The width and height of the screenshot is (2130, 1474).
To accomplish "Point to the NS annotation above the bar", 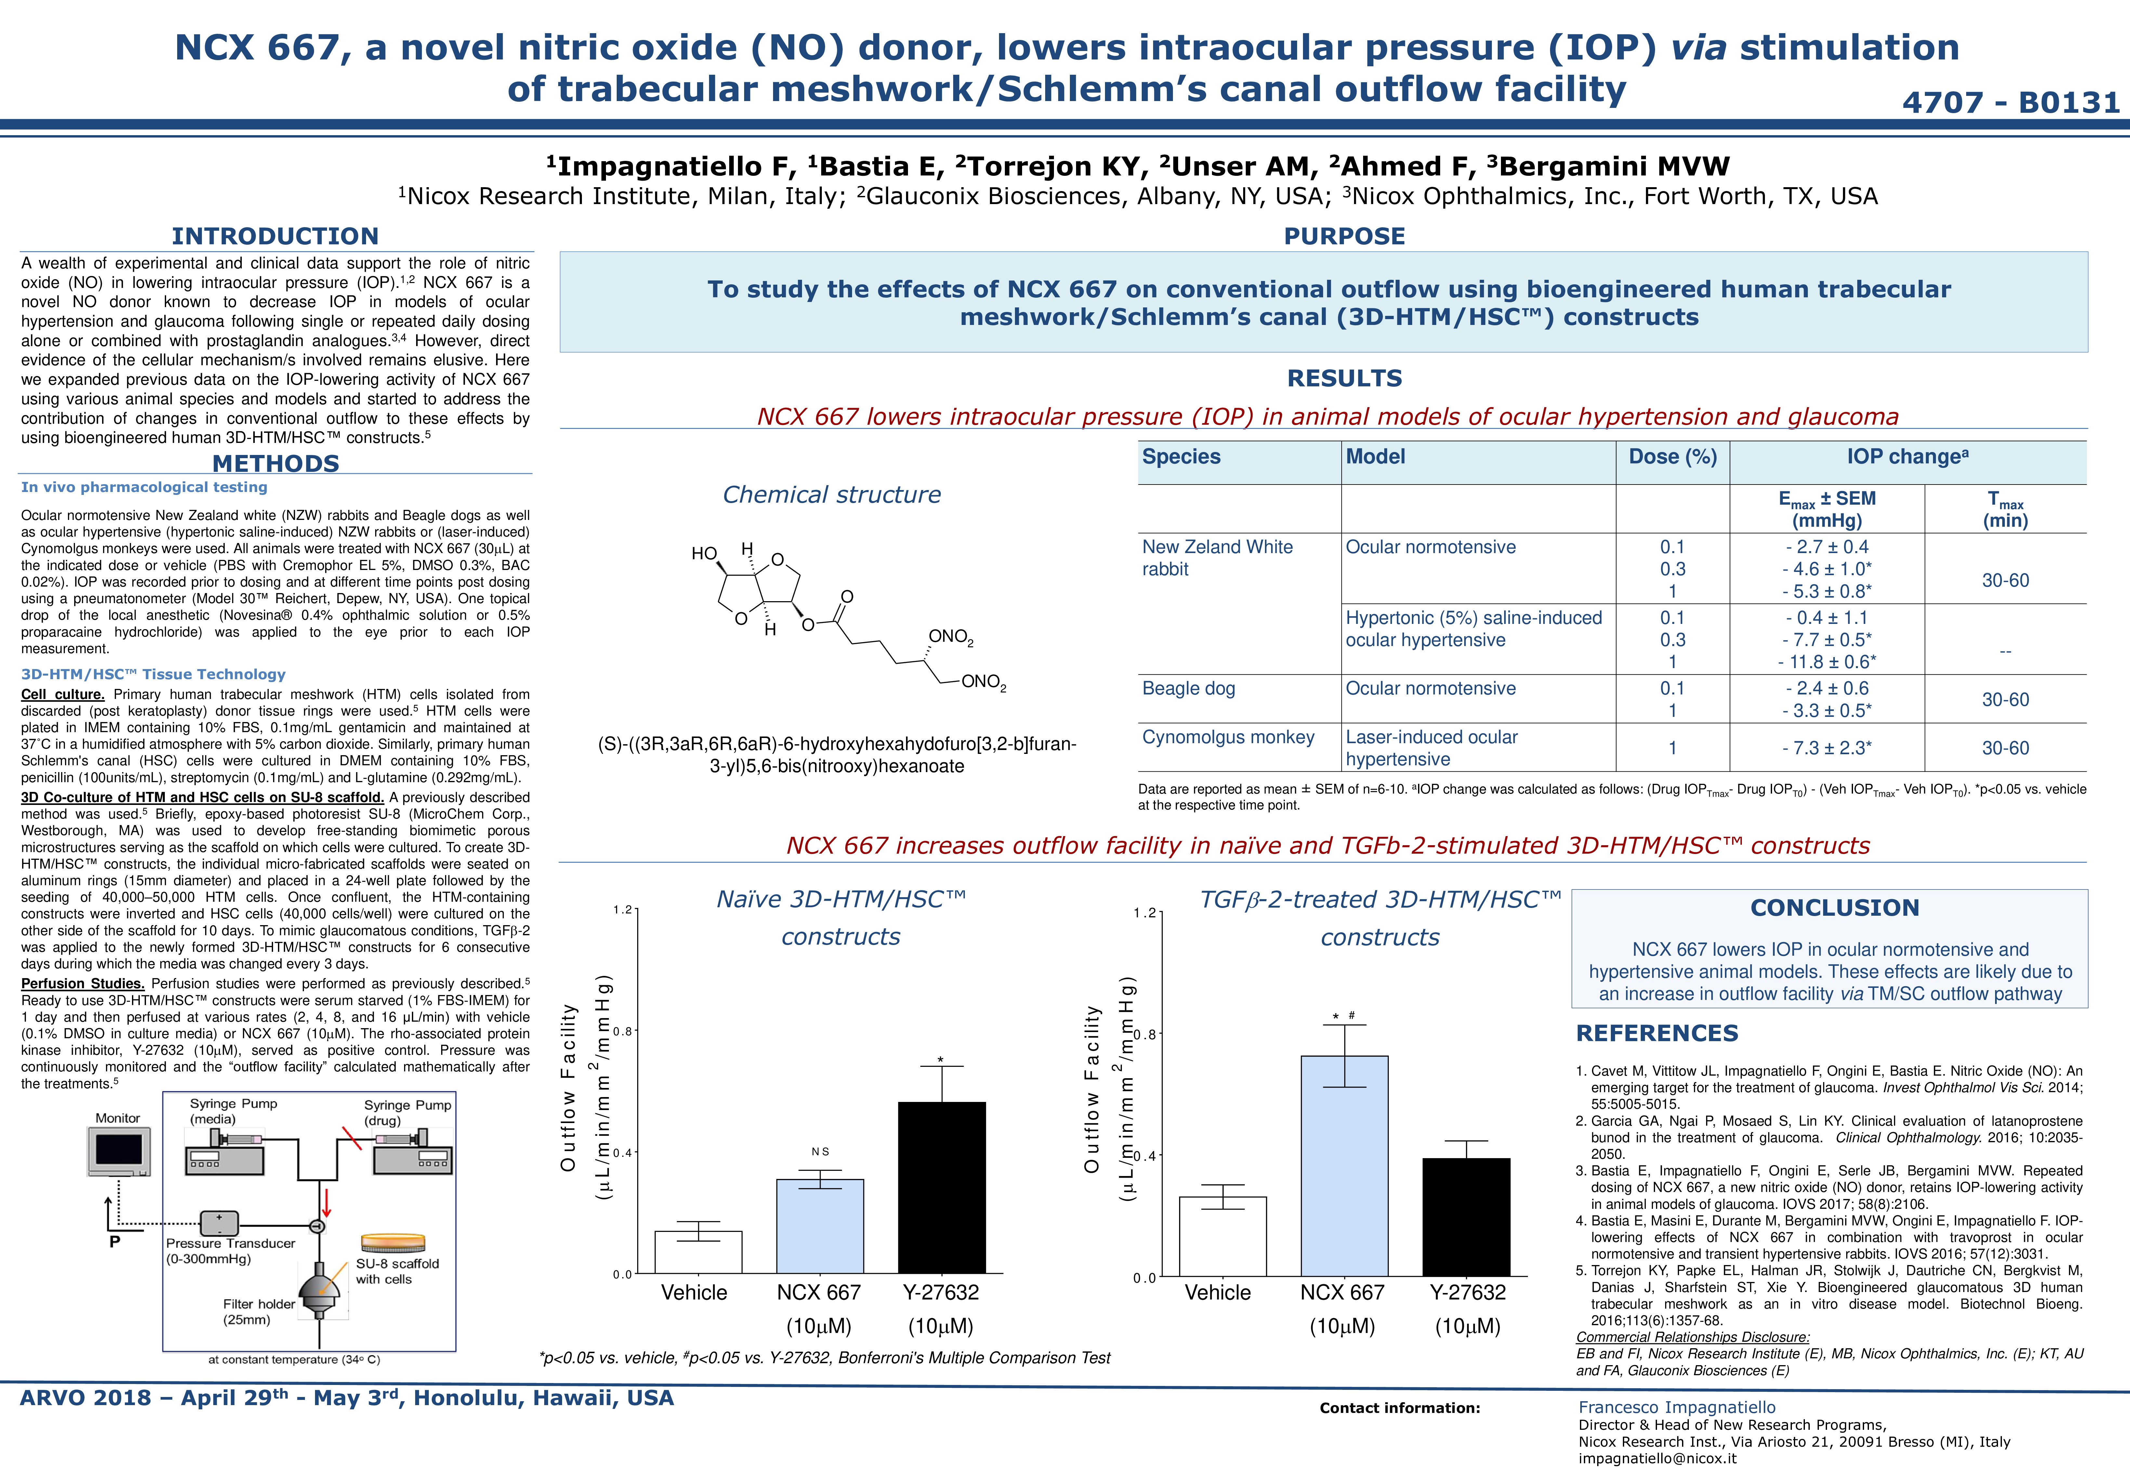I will (820, 1152).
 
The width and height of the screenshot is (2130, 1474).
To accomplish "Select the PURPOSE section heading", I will (1344, 237).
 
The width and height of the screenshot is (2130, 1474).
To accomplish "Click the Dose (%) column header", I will (1673, 457).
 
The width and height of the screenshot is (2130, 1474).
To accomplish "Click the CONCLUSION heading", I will (1834, 908).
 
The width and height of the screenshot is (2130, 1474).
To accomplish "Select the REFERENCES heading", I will (1657, 1033).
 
